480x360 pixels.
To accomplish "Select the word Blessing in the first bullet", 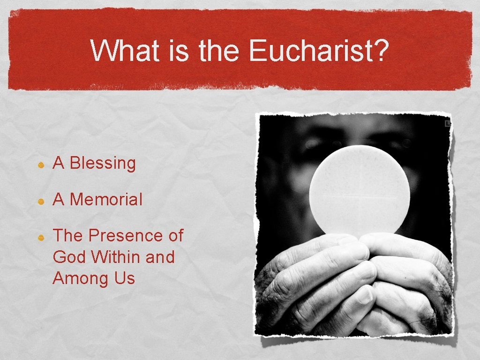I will [103, 164].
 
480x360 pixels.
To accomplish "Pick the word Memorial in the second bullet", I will [106, 200].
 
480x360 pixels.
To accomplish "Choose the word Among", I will [80, 278].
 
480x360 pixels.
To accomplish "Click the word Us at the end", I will [124, 278].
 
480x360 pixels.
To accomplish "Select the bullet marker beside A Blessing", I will [41, 165].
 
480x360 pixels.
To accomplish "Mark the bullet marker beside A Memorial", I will [41, 201].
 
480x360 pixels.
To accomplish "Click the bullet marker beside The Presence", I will [41, 238].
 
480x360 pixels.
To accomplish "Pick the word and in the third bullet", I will [160, 257].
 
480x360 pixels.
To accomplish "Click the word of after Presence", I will [175, 235].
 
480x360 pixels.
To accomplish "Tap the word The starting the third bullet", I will [67, 235].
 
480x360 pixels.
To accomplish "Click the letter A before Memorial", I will [58, 200].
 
